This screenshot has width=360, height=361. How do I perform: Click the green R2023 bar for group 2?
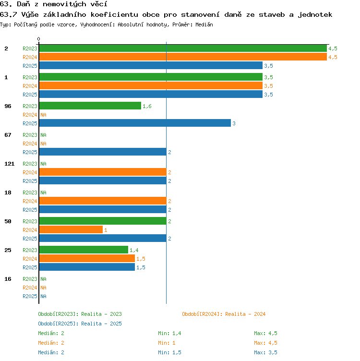point(183,48)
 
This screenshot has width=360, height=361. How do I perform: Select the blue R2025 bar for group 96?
point(135,123)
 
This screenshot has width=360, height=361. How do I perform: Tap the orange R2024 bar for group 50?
point(71,229)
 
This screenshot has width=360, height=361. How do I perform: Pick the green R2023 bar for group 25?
point(84,250)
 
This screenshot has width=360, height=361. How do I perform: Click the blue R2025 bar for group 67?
point(103,152)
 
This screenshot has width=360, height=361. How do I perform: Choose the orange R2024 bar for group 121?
point(103,172)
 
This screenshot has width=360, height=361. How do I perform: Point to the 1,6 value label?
point(147,106)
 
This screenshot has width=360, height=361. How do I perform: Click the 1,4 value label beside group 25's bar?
point(134,250)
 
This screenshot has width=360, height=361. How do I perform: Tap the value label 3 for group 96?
point(234,123)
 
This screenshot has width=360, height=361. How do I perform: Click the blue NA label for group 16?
point(43,296)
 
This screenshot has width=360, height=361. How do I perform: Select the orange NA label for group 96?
point(43,115)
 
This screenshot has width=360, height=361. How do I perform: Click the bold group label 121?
point(10,164)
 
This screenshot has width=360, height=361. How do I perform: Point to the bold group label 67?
point(8,135)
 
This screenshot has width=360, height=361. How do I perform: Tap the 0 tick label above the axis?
point(39,39)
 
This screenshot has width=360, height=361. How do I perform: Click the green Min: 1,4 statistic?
point(169,333)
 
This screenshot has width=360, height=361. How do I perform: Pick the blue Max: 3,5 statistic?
point(265,352)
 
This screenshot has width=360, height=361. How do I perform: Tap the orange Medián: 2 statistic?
point(51,343)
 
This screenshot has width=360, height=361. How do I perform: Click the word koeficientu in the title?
point(114,15)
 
